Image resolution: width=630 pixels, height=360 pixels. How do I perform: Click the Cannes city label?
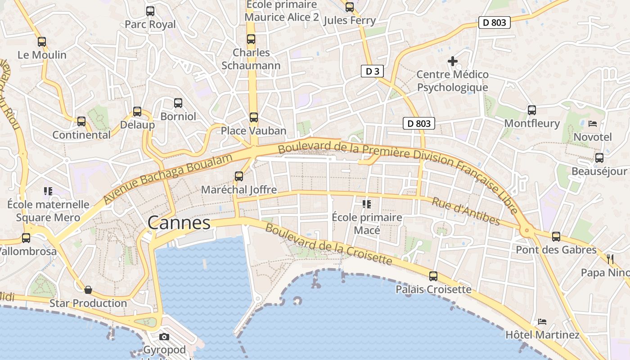[x=179, y=223]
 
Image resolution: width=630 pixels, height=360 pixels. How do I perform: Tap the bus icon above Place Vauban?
[x=254, y=117]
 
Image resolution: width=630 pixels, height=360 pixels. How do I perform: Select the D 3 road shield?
[x=372, y=71]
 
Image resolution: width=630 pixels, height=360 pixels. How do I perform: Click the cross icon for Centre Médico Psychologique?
[x=453, y=61]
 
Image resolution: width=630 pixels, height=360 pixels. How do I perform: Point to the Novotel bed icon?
[x=593, y=123]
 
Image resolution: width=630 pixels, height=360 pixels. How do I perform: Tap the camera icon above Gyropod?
[x=164, y=337]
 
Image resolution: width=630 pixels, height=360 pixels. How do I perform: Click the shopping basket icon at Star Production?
[x=88, y=289]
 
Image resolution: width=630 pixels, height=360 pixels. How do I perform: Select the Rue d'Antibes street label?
[x=466, y=211]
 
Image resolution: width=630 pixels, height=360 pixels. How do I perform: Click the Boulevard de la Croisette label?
[x=328, y=244]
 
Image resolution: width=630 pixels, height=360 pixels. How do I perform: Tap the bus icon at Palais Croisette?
[x=433, y=276]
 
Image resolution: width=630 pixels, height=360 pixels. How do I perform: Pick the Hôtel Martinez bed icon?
[x=542, y=322]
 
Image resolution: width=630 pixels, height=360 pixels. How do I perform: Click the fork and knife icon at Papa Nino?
[x=610, y=259]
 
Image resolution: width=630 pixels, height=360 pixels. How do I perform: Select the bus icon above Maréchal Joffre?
[x=239, y=176]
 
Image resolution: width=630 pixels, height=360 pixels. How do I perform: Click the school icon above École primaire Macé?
[x=367, y=204]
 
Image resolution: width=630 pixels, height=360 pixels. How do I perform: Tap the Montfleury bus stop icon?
[x=532, y=110]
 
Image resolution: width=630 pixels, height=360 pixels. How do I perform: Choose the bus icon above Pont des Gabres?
[x=556, y=236]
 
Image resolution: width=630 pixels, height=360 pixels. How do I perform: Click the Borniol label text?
[x=178, y=117]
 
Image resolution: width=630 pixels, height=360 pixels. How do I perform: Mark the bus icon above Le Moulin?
[x=42, y=42]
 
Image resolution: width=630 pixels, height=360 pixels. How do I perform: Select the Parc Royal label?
[x=150, y=24]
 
